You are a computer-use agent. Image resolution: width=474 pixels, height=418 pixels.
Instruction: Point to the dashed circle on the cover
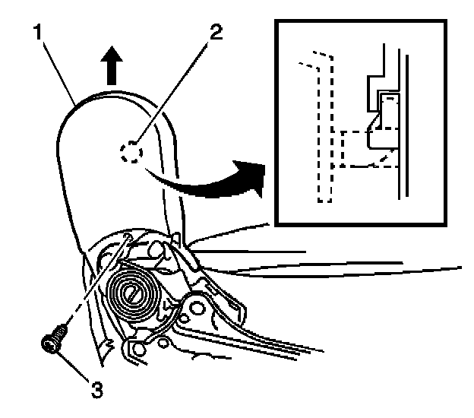click(x=129, y=153)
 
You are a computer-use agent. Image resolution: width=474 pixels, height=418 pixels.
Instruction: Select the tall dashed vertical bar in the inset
click(x=325, y=137)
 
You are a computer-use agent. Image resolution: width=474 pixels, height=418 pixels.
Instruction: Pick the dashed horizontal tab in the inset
click(x=357, y=148)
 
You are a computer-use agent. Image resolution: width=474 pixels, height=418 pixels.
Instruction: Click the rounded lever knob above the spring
click(x=155, y=249)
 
